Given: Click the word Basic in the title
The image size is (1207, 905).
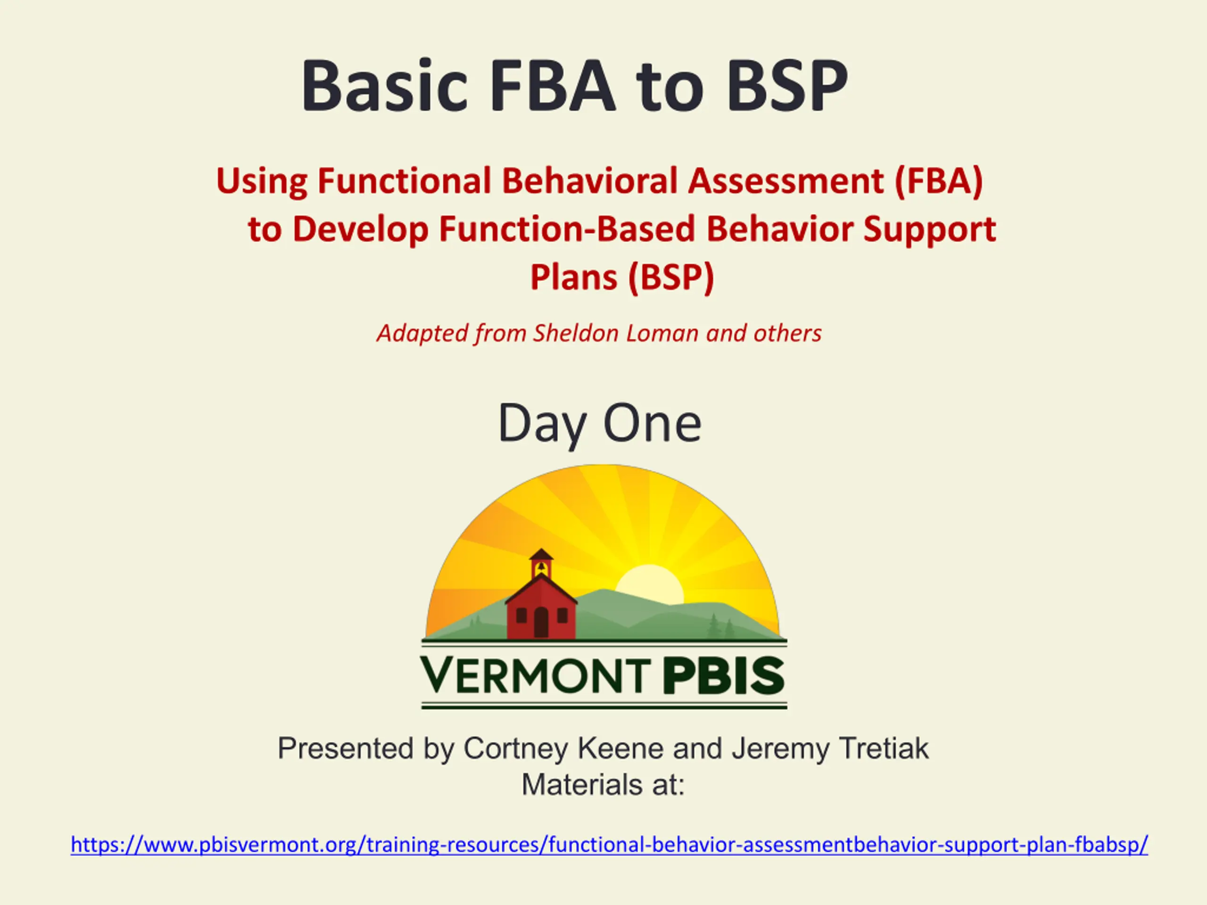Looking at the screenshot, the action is tap(384, 86).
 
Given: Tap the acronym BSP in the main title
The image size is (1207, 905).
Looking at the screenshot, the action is tap(787, 86).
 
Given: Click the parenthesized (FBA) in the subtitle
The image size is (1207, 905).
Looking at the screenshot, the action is tap(939, 181).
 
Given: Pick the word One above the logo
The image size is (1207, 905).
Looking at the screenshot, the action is tap(652, 424).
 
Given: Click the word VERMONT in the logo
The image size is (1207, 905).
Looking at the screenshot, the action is tap(535, 675).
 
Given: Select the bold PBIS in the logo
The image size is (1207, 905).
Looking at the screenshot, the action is tap(724, 675).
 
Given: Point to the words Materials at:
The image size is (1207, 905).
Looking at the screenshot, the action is tap(603, 785).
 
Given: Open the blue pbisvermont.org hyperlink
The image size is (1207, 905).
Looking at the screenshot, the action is tap(610, 845).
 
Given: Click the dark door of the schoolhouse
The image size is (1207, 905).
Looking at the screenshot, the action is tap(541, 623).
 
